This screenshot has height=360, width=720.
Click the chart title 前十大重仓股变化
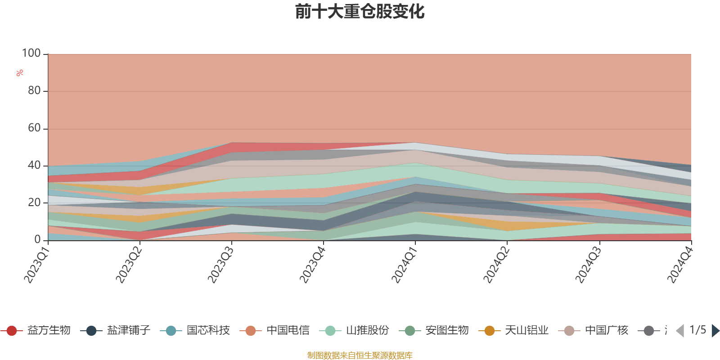coord(360,12)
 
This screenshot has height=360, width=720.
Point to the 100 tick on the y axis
coord(31,54)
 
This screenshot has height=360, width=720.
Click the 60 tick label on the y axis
coord(34,128)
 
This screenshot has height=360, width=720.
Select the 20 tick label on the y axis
coord(34,202)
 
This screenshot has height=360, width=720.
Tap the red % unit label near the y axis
coord(19,72)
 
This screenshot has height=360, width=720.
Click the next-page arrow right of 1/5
coord(715,331)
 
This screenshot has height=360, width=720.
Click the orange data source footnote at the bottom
coord(360,355)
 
